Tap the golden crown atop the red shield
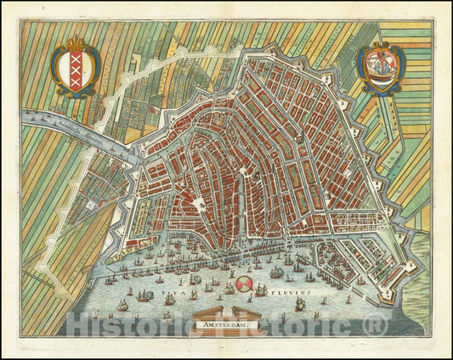click(x=76, y=42)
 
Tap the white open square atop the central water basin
click(x=197, y=205)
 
